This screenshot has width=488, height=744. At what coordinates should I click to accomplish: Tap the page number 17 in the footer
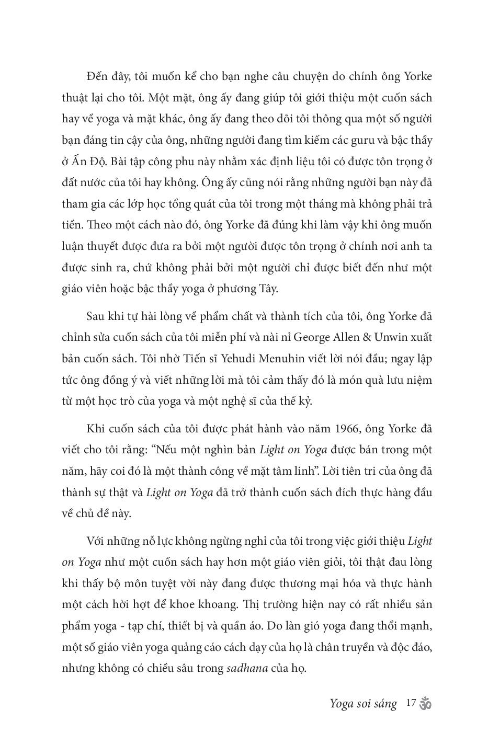click(x=410, y=703)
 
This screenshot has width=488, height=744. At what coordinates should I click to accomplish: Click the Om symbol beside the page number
click(x=425, y=703)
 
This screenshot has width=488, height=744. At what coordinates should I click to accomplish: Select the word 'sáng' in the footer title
click(x=384, y=704)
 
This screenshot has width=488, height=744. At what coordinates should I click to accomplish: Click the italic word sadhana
click(x=247, y=668)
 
